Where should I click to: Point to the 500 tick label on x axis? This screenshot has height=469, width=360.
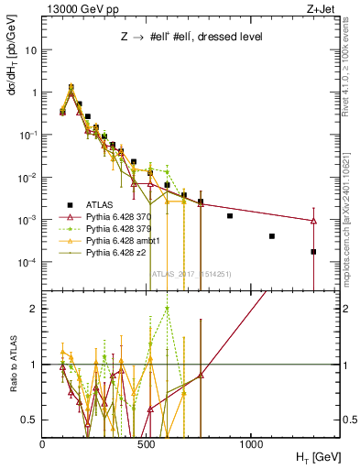(x=147, y=445)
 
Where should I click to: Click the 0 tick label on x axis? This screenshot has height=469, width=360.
(x=43, y=445)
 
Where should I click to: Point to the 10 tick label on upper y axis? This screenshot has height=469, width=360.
(x=31, y=50)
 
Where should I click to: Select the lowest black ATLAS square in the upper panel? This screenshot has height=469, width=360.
(x=313, y=251)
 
